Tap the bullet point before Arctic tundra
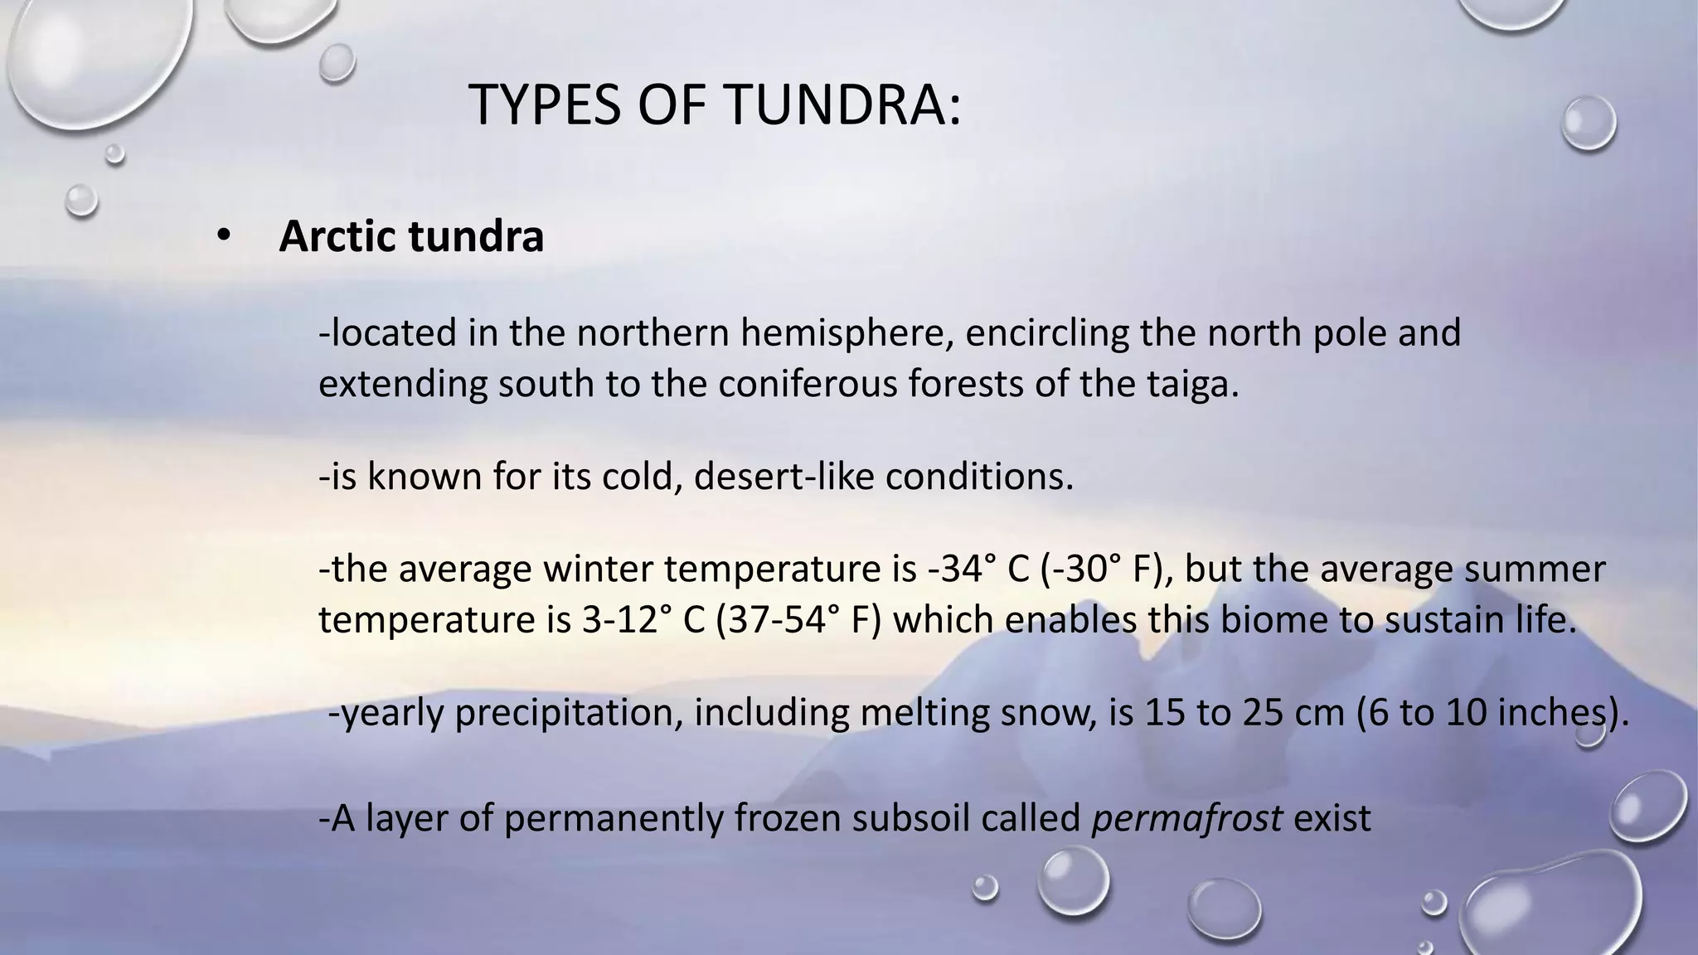coord(222,237)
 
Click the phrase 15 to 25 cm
coord(1244,714)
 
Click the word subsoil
coord(912,818)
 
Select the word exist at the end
coord(1332,818)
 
